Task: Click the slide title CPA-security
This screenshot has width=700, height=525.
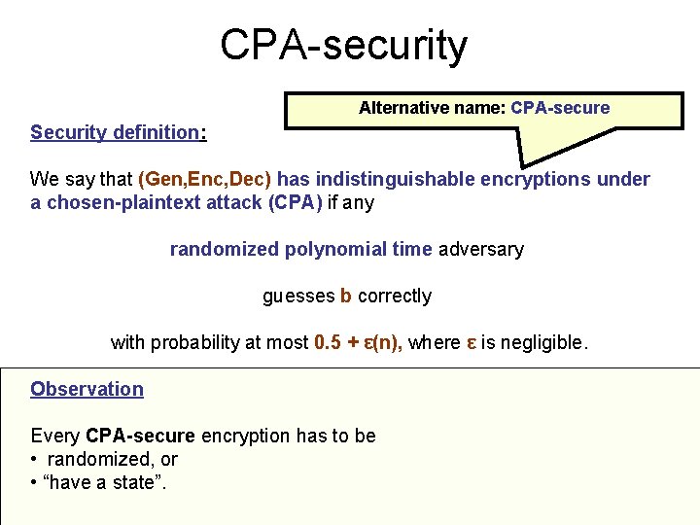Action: [x=343, y=45]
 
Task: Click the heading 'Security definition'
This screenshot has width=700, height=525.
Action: [x=115, y=132]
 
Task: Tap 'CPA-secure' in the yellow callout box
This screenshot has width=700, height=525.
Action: [x=560, y=108]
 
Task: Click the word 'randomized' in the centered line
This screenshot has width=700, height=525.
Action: [x=225, y=249]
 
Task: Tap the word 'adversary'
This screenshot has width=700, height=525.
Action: [x=481, y=249]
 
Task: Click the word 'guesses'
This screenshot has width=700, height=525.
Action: [x=297, y=296]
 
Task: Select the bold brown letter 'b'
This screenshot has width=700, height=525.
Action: [x=346, y=296]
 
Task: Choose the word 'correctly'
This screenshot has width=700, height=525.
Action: [x=395, y=296]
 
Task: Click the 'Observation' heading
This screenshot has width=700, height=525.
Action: [x=87, y=389]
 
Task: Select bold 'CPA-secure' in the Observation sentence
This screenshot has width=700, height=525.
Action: [x=140, y=436]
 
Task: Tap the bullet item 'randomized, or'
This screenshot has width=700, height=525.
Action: [x=112, y=459]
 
